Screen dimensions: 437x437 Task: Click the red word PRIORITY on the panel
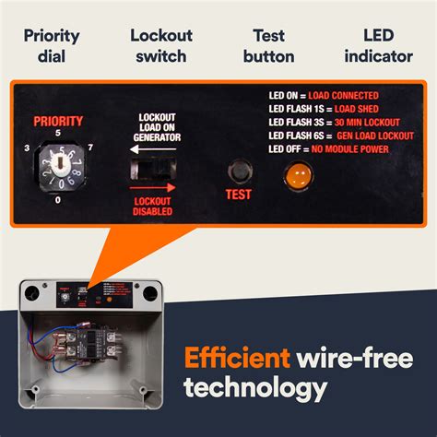[x=58, y=121]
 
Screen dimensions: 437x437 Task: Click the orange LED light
[x=297, y=173]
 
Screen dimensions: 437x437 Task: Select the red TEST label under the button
[x=238, y=195]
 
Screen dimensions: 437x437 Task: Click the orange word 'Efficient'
[x=235, y=356]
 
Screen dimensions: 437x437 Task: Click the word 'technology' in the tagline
[x=255, y=387]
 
